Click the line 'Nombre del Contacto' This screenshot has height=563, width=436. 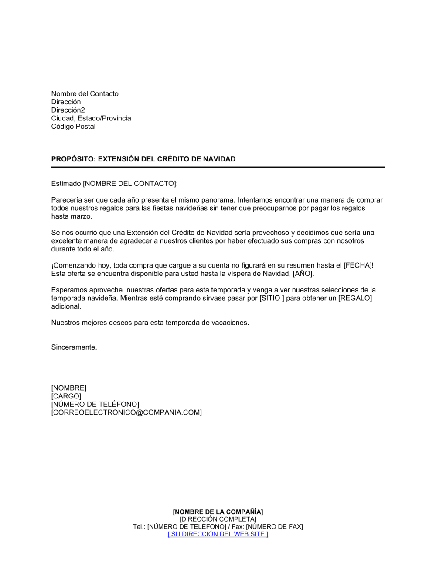pos(85,94)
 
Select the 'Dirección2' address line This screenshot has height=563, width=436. pos(68,110)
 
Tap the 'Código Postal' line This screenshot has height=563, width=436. pos(73,127)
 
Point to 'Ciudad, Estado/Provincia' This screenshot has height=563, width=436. pos(91,118)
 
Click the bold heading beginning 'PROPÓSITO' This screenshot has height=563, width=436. pos(143,159)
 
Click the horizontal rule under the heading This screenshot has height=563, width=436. pos(218,167)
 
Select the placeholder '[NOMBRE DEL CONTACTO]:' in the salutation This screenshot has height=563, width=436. pos(130,184)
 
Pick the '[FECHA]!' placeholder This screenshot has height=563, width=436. pos(358,265)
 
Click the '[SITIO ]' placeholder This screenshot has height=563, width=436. pos(272,298)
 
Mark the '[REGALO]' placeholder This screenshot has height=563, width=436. pos(355,298)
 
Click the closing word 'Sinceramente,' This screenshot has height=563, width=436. pos(74,347)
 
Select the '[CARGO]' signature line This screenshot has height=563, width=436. pos(66,396)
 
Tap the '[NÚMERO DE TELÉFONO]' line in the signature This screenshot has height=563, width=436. pos(95,405)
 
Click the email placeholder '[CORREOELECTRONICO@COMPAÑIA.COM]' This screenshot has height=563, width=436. pos(126,412)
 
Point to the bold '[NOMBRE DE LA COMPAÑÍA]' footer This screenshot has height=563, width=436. pos(218,512)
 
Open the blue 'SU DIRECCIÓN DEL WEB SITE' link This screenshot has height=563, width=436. pos(218,534)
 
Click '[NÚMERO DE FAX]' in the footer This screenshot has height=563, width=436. pos(274,527)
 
